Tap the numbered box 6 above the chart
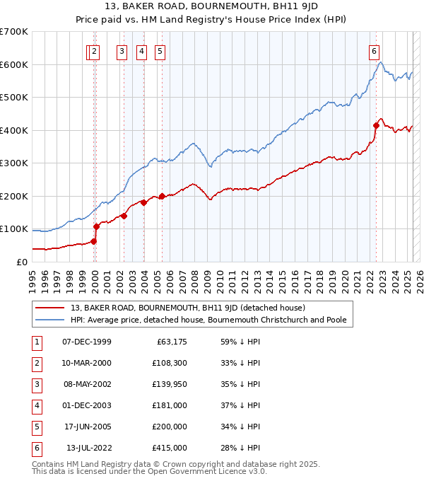tap(373, 51)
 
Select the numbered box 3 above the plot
tap(122, 51)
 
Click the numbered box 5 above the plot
tap(160, 51)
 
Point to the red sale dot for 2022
tap(376, 125)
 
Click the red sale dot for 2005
tap(162, 196)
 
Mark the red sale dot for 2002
tap(124, 216)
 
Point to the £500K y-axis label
tap(14, 98)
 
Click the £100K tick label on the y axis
tap(14, 229)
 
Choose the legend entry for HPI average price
tap(208, 320)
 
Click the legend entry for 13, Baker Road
tap(187, 308)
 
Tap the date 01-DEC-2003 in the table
tap(87, 406)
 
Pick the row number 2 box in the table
tap(35, 364)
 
